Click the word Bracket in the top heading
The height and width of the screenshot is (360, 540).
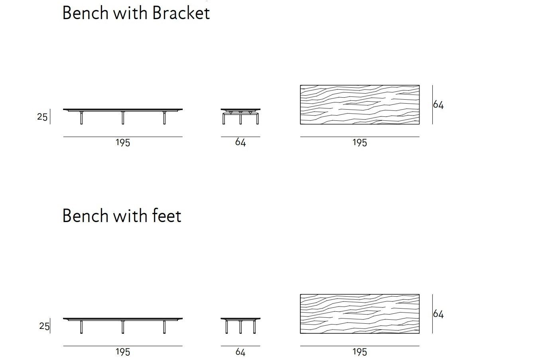[181, 13]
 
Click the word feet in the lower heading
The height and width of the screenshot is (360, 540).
[167, 216]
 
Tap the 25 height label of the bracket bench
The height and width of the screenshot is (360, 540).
[42, 117]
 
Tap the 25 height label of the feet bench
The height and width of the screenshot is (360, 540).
[44, 327]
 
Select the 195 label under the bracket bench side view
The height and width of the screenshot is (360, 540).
[123, 143]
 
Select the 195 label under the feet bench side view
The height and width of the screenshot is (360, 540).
[123, 352]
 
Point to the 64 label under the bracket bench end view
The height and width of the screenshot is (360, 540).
[240, 142]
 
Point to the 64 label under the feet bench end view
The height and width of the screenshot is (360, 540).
[240, 352]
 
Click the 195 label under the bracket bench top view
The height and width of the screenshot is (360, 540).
[360, 143]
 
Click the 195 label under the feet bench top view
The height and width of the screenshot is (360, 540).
[360, 352]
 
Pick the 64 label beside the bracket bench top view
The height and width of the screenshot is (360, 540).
[438, 105]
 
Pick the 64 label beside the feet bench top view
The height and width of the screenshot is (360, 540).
[438, 314]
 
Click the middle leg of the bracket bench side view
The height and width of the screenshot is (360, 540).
[123, 118]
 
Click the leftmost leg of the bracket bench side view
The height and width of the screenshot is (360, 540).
[81, 118]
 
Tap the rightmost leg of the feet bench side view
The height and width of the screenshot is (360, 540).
[164, 327]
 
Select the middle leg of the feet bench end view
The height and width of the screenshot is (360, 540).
[240, 327]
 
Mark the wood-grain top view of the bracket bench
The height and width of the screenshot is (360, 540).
[360, 104]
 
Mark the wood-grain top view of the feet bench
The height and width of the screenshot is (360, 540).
[360, 314]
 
